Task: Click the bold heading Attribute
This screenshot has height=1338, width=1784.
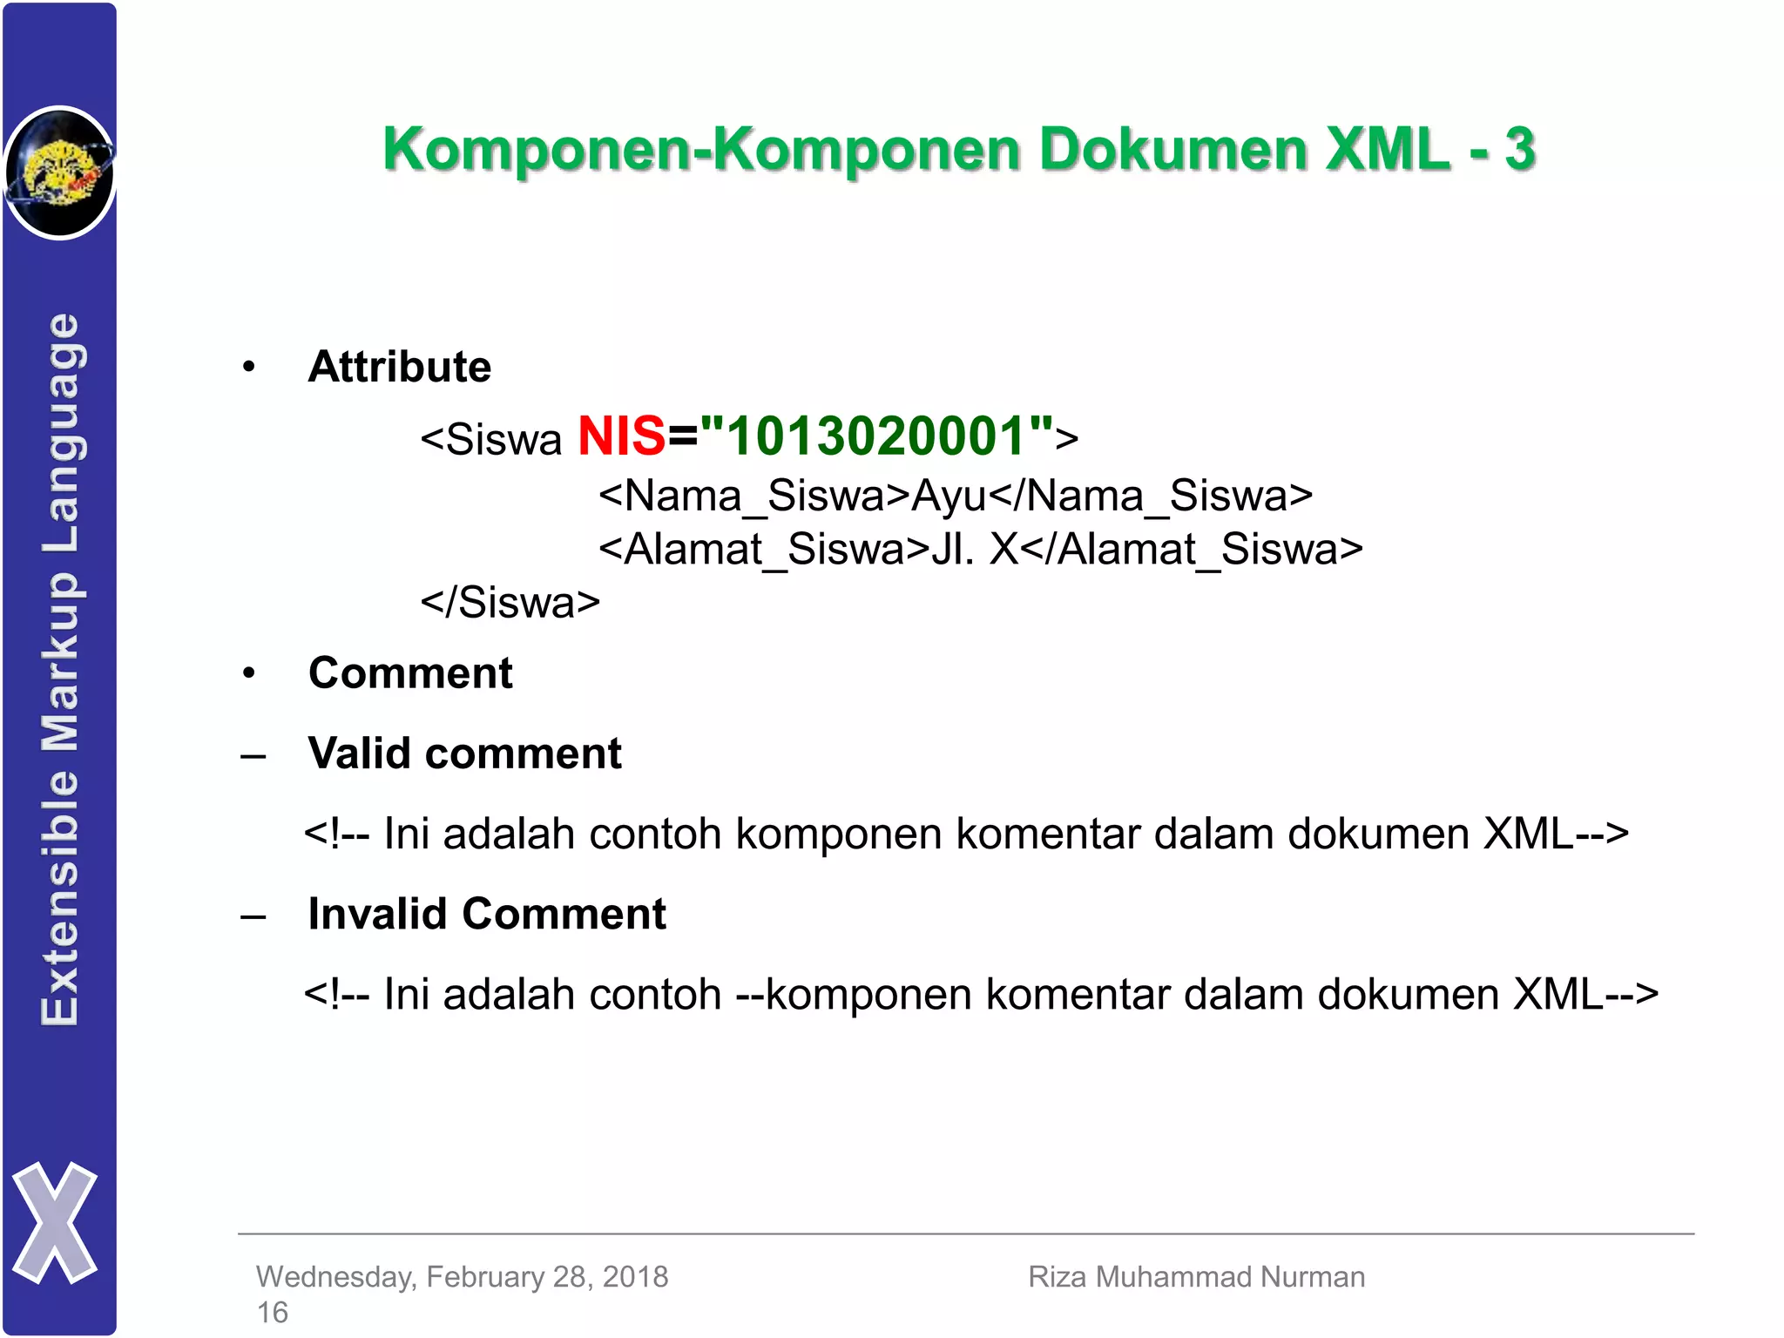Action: [400, 367]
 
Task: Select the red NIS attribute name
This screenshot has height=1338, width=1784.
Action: [621, 436]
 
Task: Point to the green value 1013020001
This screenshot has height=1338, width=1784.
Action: [876, 436]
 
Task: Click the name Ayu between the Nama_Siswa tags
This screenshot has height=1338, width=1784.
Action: [949, 496]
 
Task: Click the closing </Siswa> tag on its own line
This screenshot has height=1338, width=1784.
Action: [510, 603]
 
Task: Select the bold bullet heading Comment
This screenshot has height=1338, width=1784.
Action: [410, 673]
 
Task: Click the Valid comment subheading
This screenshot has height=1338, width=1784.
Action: [464, 753]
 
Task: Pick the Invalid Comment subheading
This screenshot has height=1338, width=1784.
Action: [487, 915]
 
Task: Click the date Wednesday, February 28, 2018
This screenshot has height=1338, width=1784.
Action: [462, 1277]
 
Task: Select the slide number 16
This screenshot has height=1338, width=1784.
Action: [272, 1313]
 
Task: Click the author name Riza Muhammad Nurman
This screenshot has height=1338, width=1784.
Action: [1196, 1277]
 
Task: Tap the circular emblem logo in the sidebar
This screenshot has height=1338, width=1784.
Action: [59, 172]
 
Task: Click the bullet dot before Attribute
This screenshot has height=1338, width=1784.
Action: [249, 367]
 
